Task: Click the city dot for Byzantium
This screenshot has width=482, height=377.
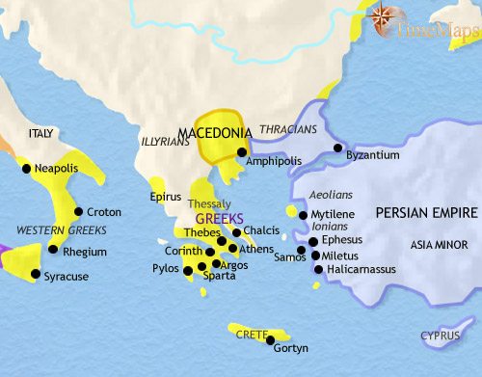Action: [x=337, y=148]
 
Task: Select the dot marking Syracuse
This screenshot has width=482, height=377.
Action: [x=36, y=274]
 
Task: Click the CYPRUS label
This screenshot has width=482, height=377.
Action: [x=440, y=336]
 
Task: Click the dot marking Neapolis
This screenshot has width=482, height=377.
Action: [x=23, y=168]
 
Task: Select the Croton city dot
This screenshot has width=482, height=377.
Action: [x=79, y=211]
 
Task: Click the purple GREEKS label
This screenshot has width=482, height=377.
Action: [x=216, y=218]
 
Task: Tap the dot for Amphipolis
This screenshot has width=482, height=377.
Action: [x=241, y=150]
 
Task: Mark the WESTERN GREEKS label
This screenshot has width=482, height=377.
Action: [x=60, y=230]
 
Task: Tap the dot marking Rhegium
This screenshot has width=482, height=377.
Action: [x=52, y=250]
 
